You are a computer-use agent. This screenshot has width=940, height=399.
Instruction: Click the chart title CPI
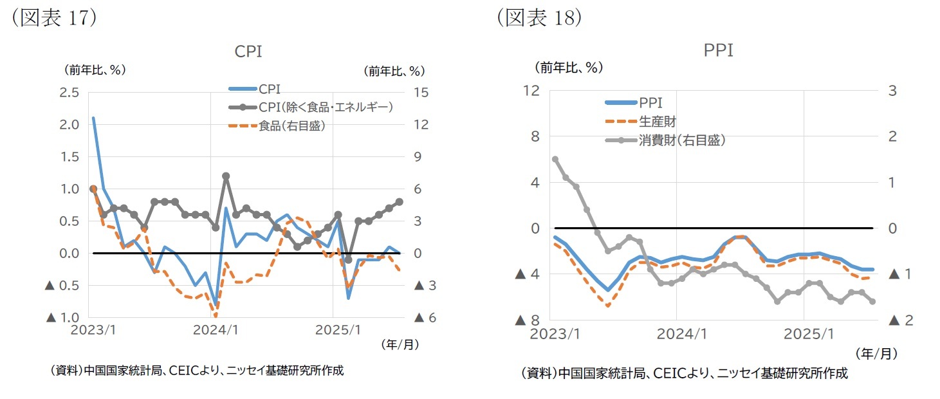(248, 51)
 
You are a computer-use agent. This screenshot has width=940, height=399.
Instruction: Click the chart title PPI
(719, 50)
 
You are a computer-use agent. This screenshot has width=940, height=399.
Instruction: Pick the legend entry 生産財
(657, 122)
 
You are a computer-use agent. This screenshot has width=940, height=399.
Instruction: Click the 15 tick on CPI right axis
(421, 93)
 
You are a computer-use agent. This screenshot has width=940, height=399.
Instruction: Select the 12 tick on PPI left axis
(531, 91)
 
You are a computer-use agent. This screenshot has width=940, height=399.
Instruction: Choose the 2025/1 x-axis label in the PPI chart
(804, 334)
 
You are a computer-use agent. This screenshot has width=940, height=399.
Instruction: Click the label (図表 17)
(51, 17)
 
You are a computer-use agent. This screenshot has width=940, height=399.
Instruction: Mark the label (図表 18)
(539, 17)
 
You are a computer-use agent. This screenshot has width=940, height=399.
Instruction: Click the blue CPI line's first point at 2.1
(93, 118)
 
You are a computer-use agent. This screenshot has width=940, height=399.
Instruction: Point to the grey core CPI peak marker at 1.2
(226, 176)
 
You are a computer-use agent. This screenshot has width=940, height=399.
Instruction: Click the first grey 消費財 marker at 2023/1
(555, 159)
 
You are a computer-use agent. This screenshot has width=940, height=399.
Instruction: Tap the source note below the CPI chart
(196, 371)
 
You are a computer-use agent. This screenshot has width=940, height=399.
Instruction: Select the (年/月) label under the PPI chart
(876, 353)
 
